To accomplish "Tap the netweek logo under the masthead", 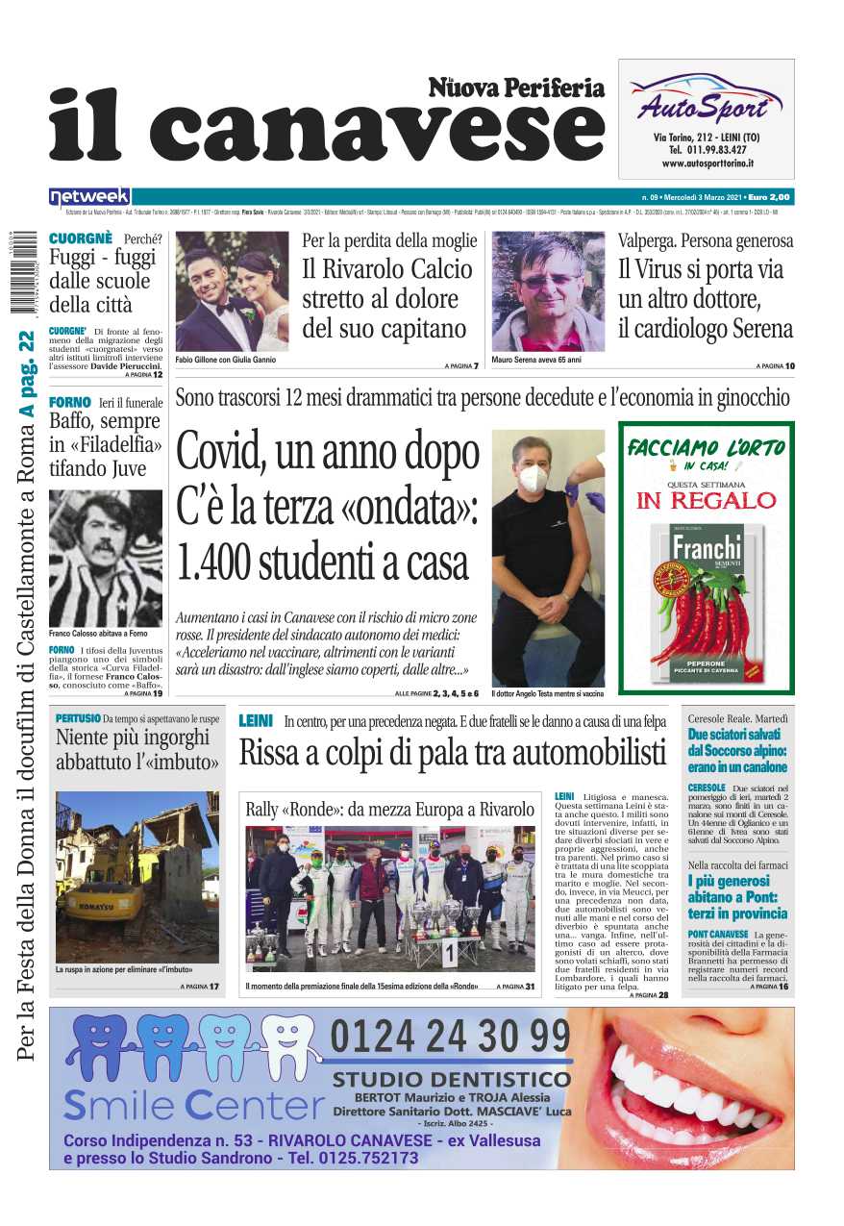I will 89,197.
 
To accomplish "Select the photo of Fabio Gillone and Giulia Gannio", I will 232,291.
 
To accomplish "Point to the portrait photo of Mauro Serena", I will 548,291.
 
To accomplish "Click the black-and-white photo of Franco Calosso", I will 106,558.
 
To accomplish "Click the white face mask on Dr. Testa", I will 533,478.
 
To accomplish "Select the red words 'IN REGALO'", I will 706,501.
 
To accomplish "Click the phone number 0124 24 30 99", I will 450,1038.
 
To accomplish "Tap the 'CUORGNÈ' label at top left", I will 81,238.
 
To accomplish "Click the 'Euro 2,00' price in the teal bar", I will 769,197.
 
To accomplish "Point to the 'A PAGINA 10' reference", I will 776,366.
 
